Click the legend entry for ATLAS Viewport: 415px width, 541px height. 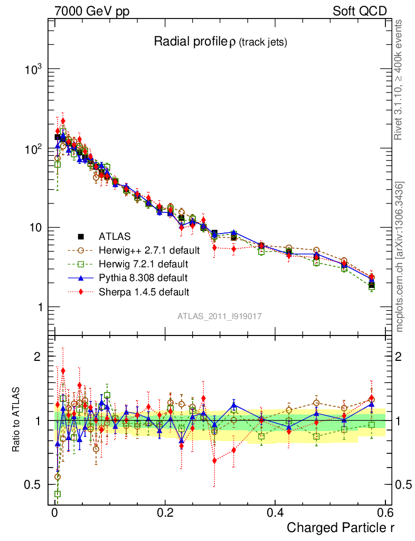click(115, 236)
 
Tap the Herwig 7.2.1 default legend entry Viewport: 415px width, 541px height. click(143, 264)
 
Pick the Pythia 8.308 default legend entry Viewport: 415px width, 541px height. click(143, 277)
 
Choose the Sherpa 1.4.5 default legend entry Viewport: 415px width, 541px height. click(144, 291)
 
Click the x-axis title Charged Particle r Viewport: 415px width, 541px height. click(341, 527)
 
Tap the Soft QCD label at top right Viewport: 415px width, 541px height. click(360, 11)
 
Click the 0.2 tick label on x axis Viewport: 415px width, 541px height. click(165, 512)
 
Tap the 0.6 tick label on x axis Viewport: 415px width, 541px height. click(384, 512)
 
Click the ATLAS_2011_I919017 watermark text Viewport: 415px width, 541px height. click(220, 316)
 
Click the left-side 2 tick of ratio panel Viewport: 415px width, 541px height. click(37, 357)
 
